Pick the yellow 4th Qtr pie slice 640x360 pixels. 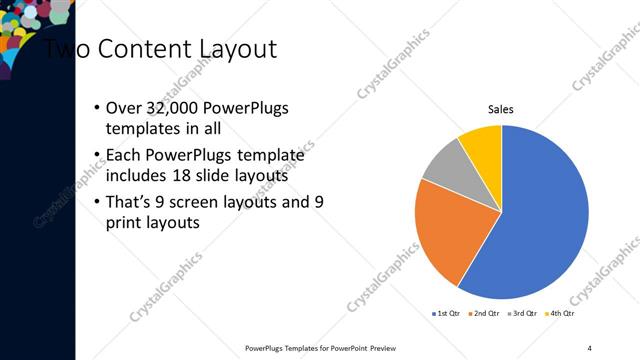(x=482, y=141)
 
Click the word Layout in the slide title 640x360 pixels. (x=236, y=49)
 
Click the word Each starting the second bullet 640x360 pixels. (x=124, y=155)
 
